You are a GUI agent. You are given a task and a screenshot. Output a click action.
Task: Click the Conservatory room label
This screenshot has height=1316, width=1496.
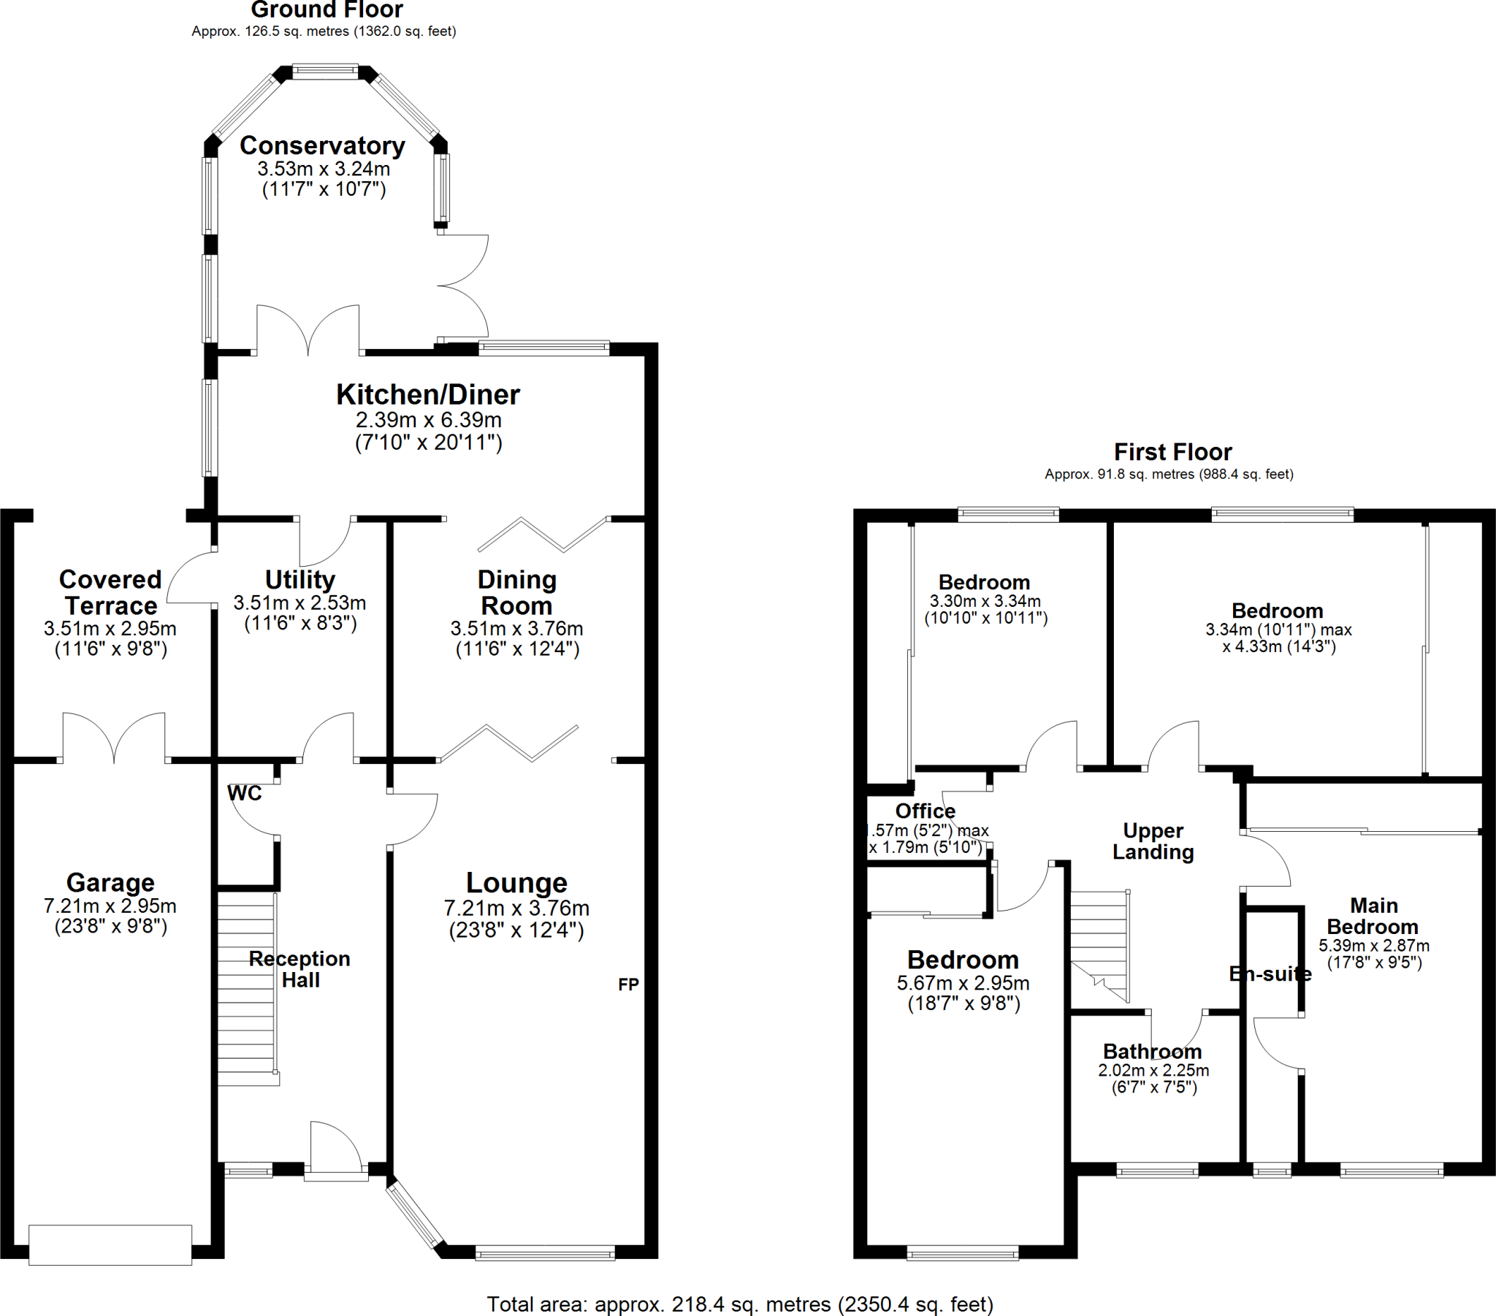(x=322, y=145)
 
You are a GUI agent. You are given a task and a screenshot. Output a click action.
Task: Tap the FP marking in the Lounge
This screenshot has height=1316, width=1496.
(x=628, y=984)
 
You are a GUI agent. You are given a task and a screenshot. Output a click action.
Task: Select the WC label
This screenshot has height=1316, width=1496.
(x=245, y=793)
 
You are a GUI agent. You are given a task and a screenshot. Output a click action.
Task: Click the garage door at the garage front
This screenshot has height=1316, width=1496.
(x=110, y=1244)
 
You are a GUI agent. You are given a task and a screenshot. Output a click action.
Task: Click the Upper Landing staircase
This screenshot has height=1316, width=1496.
(x=1099, y=944)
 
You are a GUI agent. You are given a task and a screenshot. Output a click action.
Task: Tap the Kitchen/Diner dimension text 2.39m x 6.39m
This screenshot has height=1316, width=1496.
(x=428, y=420)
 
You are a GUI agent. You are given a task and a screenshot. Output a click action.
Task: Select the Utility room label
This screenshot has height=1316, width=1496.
(x=300, y=580)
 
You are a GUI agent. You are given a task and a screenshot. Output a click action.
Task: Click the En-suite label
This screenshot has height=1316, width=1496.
(x=1270, y=973)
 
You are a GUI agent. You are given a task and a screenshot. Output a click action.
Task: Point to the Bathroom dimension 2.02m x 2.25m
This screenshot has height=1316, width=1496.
(x=1153, y=1070)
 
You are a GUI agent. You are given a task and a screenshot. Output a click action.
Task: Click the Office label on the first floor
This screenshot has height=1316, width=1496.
(x=925, y=811)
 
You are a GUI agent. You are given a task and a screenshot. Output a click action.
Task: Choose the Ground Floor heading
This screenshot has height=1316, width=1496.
(x=327, y=9)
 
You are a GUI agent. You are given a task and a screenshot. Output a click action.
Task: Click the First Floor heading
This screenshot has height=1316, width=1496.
(x=1172, y=451)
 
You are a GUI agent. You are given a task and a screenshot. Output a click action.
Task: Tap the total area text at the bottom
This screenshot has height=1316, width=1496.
(x=740, y=1304)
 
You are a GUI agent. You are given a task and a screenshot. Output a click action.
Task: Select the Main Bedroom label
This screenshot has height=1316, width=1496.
(x=1373, y=916)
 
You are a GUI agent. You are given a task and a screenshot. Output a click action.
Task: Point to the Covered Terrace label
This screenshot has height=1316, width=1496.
(x=110, y=592)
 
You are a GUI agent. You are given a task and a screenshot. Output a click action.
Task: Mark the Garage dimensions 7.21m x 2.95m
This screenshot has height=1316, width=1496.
(x=110, y=906)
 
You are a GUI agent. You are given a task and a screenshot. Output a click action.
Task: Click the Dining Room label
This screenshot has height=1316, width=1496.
(x=516, y=592)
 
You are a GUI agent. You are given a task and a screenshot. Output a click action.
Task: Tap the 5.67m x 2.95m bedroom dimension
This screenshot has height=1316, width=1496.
(x=963, y=983)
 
